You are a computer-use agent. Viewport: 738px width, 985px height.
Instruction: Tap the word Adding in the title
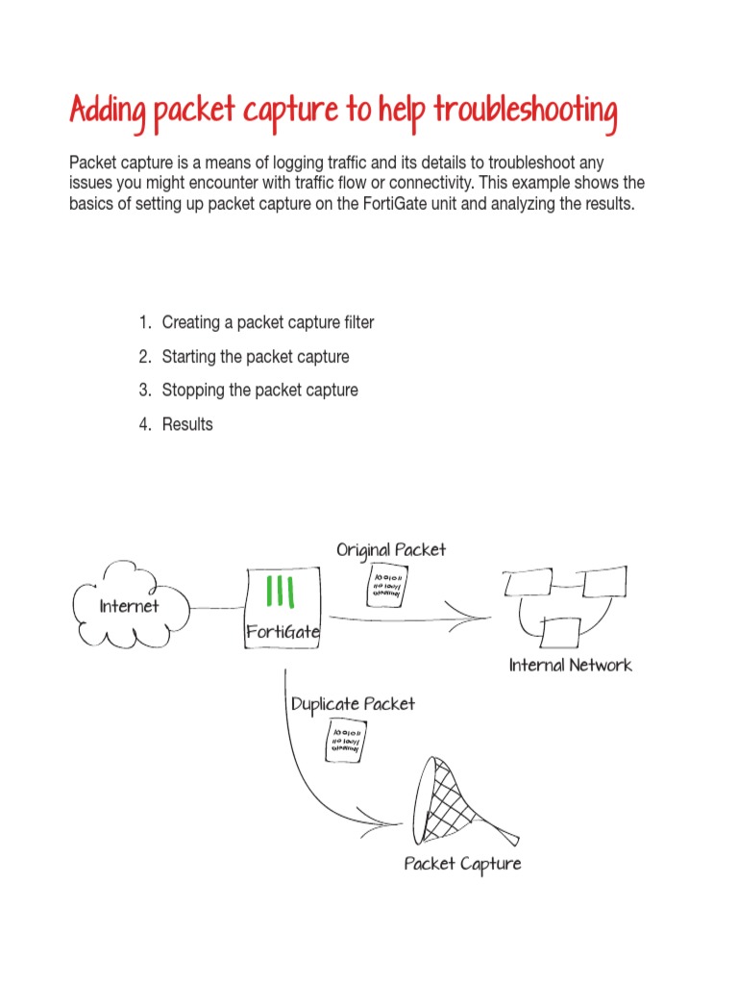pyautogui.click(x=107, y=113)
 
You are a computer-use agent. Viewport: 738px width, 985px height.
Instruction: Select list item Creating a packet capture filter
pyautogui.click(x=267, y=322)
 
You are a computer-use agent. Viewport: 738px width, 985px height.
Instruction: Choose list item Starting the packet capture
pyautogui.click(x=255, y=356)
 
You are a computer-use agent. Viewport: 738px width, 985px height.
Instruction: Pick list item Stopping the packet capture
pyautogui.click(x=259, y=390)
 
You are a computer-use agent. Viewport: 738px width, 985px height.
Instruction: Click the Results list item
pyautogui.click(x=187, y=423)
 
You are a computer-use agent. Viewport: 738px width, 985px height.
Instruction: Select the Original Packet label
pyautogui.click(x=391, y=549)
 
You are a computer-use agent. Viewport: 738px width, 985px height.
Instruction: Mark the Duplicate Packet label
pyautogui.click(x=353, y=704)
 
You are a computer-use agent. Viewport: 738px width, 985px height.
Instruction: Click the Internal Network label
pyautogui.click(x=571, y=665)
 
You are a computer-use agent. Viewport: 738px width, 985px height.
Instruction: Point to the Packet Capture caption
pyautogui.click(x=462, y=863)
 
